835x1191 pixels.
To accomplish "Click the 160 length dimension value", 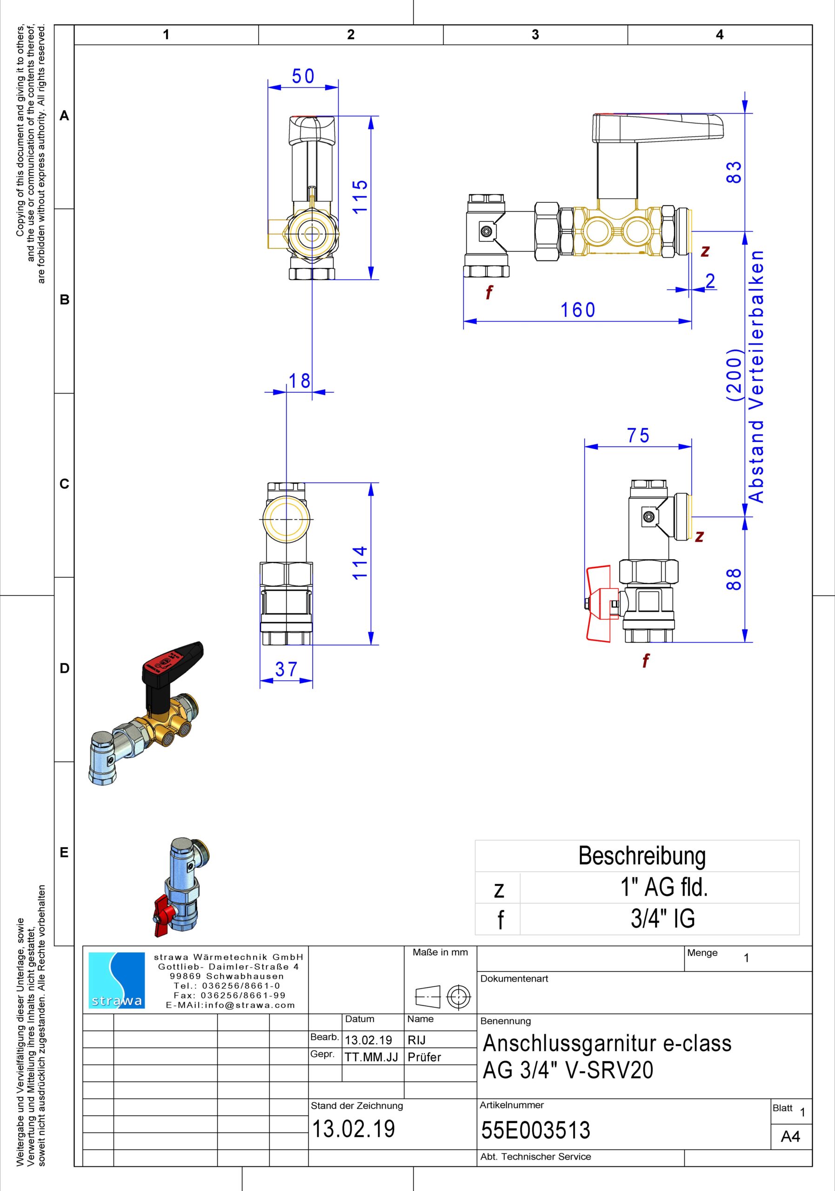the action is (578, 310).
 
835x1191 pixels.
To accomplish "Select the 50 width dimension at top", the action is (303, 76).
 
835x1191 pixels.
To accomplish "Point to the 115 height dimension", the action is (360, 196).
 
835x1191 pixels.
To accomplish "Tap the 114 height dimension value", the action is (360, 563).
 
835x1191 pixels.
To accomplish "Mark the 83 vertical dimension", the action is (734, 172).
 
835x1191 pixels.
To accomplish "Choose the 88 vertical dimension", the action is (734, 579).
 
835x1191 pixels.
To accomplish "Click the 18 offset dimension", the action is (299, 381).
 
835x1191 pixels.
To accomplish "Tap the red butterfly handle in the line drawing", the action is (601, 603).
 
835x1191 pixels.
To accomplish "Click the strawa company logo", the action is (117, 980).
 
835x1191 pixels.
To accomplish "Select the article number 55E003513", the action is (536, 1130).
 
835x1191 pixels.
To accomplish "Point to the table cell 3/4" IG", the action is (663, 919).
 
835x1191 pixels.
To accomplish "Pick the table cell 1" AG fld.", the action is (664, 888).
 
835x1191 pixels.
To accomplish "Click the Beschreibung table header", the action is (642, 856).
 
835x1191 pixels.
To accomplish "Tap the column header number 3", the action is (535, 35).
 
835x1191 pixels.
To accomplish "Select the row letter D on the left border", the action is (64, 668).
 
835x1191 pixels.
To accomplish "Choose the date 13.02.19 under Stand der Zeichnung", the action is (353, 1129).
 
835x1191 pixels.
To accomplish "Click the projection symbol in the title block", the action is (442, 997).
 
